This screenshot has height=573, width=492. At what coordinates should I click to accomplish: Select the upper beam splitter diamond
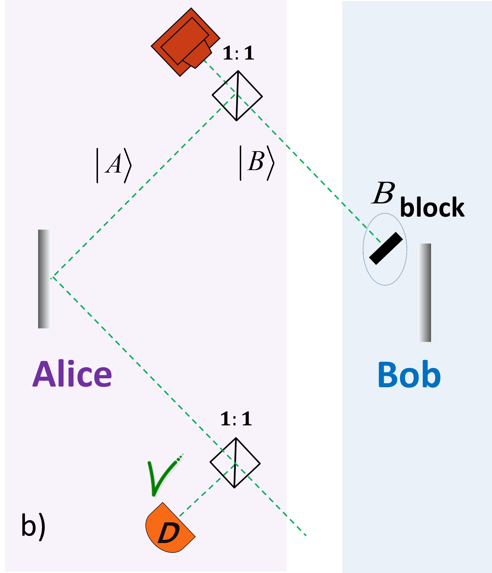pyautogui.click(x=237, y=96)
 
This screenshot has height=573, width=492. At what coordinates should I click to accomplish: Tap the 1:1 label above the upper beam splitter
pyautogui.click(x=238, y=53)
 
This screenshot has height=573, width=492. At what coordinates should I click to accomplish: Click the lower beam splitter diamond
pyautogui.click(x=235, y=463)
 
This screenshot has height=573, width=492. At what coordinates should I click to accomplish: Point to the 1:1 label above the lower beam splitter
pyautogui.click(x=236, y=419)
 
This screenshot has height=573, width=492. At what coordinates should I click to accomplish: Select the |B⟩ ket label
pyautogui.click(x=257, y=163)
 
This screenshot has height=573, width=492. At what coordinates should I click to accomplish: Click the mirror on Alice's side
pyautogui.click(x=45, y=279)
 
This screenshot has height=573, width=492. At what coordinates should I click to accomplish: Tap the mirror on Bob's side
pyautogui.click(x=424, y=292)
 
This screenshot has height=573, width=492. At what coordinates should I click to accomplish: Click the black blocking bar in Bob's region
pyautogui.click(x=386, y=249)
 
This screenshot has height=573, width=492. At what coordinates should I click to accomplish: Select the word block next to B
pyautogui.click(x=432, y=207)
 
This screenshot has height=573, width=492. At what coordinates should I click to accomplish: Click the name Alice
pyautogui.click(x=72, y=374)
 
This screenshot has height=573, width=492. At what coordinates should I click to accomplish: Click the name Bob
pyautogui.click(x=409, y=375)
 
